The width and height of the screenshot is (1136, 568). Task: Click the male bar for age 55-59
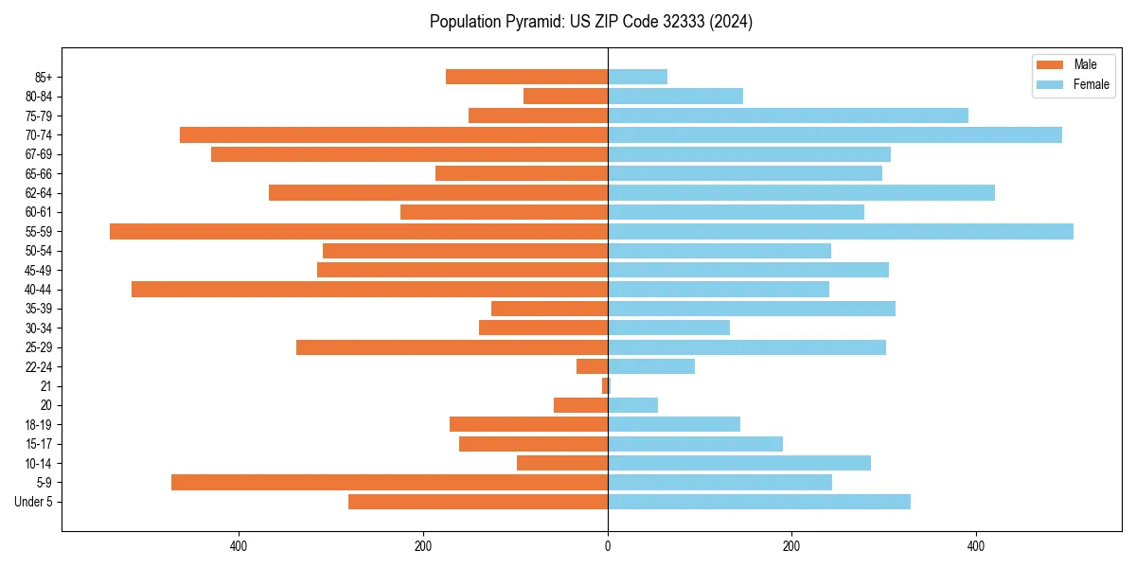(359, 232)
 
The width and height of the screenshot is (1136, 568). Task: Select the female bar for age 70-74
(835, 135)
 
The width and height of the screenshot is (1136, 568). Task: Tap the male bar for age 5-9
(389, 483)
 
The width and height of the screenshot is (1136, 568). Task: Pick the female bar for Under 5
(759, 502)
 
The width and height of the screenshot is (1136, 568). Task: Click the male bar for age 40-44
(369, 290)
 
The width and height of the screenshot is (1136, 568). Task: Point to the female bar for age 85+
(637, 77)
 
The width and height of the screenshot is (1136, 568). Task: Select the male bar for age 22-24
(592, 366)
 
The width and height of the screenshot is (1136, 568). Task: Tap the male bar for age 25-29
(452, 347)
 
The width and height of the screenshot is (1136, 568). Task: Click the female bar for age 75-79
(788, 115)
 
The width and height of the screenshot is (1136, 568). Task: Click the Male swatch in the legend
(1050, 64)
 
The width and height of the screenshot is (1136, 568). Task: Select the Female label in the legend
(1091, 84)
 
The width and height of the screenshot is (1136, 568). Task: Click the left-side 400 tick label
(239, 546)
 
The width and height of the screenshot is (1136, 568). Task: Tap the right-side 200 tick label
(791, 546)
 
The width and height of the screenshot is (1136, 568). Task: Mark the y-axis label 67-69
(39, 154)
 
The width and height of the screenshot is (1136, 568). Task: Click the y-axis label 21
(45, 386)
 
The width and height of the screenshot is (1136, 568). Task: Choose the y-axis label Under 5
(33, 502)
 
